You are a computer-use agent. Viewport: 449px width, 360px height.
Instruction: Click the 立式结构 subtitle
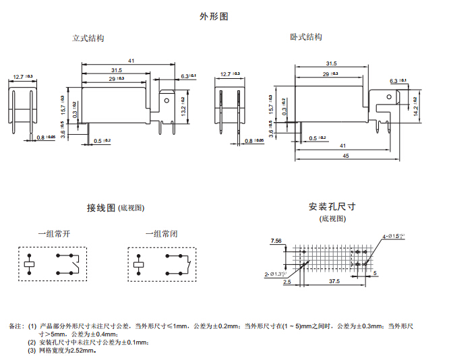click(x=88, y=38)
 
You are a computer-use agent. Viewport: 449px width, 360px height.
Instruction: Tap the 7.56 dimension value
click(x=276, y=241)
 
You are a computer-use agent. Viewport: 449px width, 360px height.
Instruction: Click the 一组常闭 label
click(x=162, y=234)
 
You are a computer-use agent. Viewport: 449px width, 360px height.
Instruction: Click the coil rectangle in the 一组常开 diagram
click(x=29, y=264)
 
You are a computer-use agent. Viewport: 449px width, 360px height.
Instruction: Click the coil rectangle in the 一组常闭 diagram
click(x=139, y=264)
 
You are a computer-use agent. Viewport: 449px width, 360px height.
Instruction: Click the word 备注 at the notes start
click(x=16, y=326)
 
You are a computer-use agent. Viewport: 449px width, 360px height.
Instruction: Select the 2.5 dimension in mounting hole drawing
click(x=287, y=282)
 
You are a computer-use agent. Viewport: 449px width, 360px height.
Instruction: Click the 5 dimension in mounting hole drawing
click(x=375, y=273)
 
